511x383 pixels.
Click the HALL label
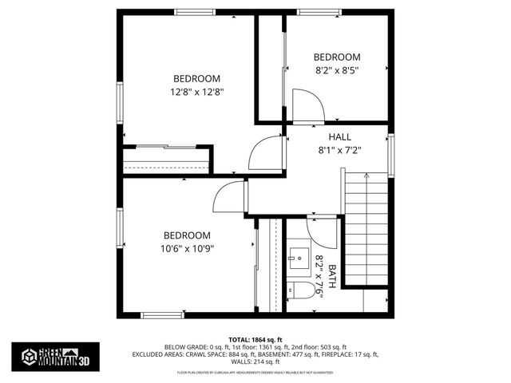tap(328, 136)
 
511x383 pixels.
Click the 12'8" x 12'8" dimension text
tap(196, 91)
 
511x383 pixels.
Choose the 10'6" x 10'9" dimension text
tap(187, 248)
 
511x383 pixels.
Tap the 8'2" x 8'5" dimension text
tap(336, 70)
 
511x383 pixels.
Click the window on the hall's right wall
tap(391, 153)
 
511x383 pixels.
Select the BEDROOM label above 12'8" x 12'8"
tap(196, 78)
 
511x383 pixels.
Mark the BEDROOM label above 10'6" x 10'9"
tap(187, 235)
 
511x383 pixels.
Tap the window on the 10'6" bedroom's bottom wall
tap(163, 315)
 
